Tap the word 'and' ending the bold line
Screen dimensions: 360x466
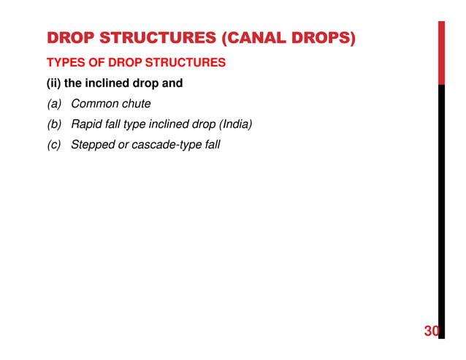click(x=172, y=83)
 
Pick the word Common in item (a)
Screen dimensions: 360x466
click(x=93, y=104)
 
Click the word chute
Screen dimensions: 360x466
click(x=136, y=104)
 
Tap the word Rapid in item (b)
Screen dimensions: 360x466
click(x=86, y=124)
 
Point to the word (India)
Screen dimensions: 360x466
click(x=232, y=124)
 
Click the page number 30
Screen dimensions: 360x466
click(x=431, y=332)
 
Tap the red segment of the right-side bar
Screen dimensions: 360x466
click(x=441, y=51)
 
